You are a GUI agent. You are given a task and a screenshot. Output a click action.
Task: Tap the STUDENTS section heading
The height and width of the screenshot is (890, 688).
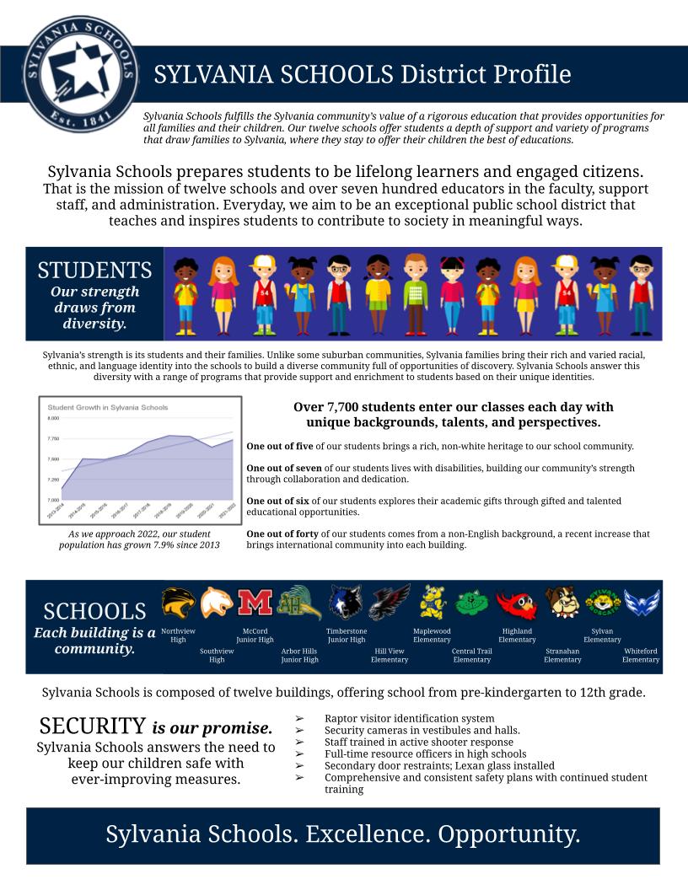(x=94, y=271)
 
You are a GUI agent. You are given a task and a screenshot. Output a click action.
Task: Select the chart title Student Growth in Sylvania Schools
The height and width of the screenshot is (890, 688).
(x=107, y=407)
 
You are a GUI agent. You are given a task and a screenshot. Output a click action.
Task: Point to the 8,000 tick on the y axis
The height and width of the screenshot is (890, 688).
(x=53, y=418)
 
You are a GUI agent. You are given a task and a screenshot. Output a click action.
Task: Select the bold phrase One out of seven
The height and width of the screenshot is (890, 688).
(x=283, y=468)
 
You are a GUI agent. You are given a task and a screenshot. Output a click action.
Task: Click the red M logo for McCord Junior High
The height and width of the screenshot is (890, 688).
(x=255, y=603)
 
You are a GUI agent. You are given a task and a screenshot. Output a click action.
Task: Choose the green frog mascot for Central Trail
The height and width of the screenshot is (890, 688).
(x=472, y=603)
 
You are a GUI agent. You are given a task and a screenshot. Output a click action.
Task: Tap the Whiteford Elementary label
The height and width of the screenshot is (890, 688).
(x=641, y=655)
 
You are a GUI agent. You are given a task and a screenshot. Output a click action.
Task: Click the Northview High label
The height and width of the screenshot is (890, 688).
(x=178, y=635)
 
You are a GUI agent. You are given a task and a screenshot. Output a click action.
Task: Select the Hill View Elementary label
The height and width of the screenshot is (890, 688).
(x=390, y=655)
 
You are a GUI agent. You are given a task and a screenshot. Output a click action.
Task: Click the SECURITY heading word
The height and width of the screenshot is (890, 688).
(x=93, y=726)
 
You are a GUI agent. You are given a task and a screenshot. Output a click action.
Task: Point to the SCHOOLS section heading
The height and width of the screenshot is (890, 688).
(x=94, y=611)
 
